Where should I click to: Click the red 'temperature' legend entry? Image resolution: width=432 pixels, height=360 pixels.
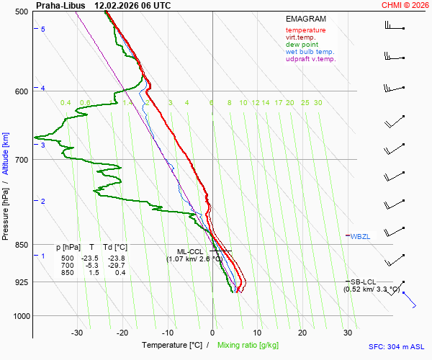point(305,30)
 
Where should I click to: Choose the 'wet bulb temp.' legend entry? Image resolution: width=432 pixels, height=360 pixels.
point(310,52)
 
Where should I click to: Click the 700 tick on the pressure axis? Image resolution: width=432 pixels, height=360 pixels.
point(22,159)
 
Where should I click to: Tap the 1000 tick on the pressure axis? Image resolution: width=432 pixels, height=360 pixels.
point(19,316)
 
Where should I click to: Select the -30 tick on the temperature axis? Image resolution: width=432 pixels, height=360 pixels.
point(77,333)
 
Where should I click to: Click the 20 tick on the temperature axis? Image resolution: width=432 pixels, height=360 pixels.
point(302,333)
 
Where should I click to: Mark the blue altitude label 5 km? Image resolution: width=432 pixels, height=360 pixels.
point(43,29)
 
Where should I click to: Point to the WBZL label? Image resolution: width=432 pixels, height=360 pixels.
point(361,236)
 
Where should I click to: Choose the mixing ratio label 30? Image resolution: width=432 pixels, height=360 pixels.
point(318,103)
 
